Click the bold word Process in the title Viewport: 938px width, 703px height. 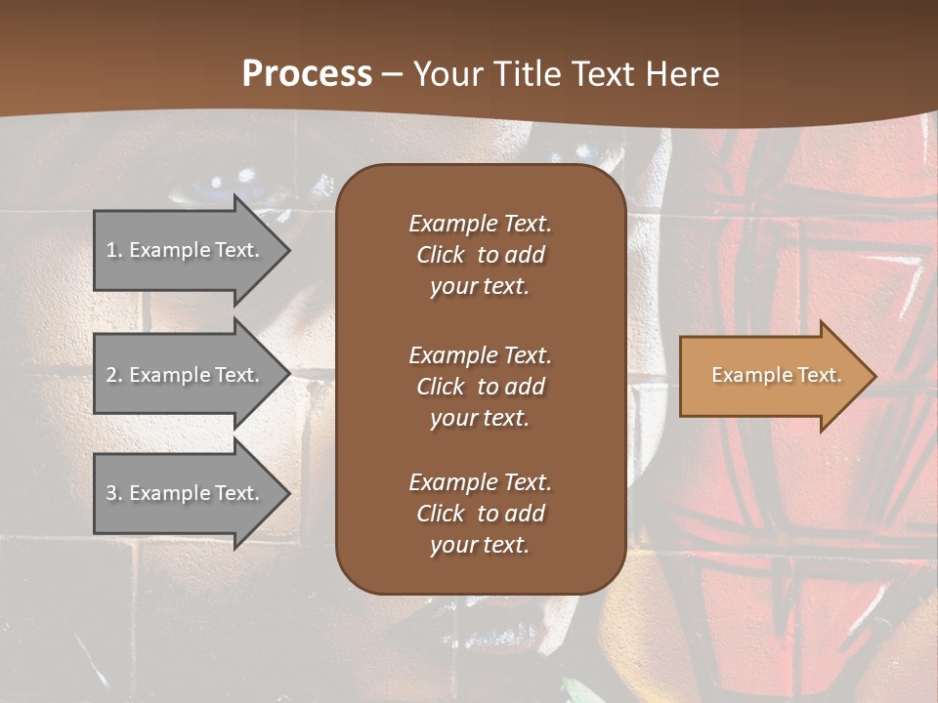[x=307, y=74]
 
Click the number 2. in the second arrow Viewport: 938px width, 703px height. [x=114, y=375]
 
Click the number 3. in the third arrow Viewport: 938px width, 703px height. [x=114, y=493]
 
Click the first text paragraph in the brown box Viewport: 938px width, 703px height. [x=480, y=254]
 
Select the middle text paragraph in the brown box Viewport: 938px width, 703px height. [x=480, y=386]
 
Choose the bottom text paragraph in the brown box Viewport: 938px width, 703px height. [x=480, y=514]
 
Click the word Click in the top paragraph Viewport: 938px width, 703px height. [x=441, y=255]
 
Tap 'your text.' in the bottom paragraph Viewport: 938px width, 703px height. [x=480, y=545]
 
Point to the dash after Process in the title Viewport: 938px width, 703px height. [x=392, y=74]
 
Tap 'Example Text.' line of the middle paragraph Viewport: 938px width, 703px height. [x=480, y=354]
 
